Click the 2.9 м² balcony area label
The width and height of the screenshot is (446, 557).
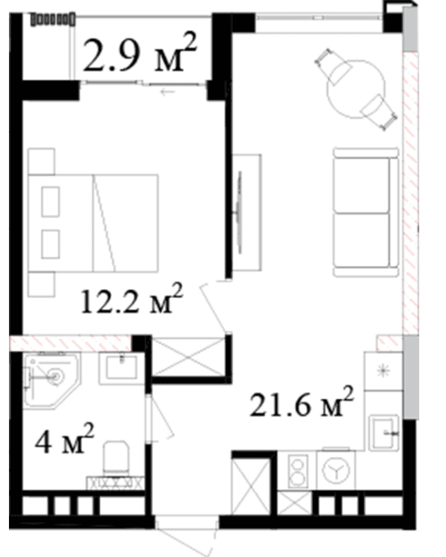139,53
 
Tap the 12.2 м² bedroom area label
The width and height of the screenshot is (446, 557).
132,299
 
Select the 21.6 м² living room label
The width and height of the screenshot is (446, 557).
301,402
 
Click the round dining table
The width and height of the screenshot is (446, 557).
356,89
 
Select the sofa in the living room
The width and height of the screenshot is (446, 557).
366,212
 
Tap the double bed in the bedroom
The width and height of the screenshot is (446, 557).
94,223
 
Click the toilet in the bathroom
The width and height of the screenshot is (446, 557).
116,457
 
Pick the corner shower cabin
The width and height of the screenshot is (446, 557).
53,380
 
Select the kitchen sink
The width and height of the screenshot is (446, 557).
384,432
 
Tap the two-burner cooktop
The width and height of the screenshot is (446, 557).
298,471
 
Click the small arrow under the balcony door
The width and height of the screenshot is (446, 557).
168,92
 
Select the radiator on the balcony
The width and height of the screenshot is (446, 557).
53,19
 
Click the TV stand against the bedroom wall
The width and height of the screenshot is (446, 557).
247,212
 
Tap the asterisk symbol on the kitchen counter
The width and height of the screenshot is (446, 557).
384,371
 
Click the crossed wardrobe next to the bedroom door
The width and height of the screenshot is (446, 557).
189,356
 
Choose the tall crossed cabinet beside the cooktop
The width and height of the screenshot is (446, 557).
251,486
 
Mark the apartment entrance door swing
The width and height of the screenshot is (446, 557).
188,536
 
